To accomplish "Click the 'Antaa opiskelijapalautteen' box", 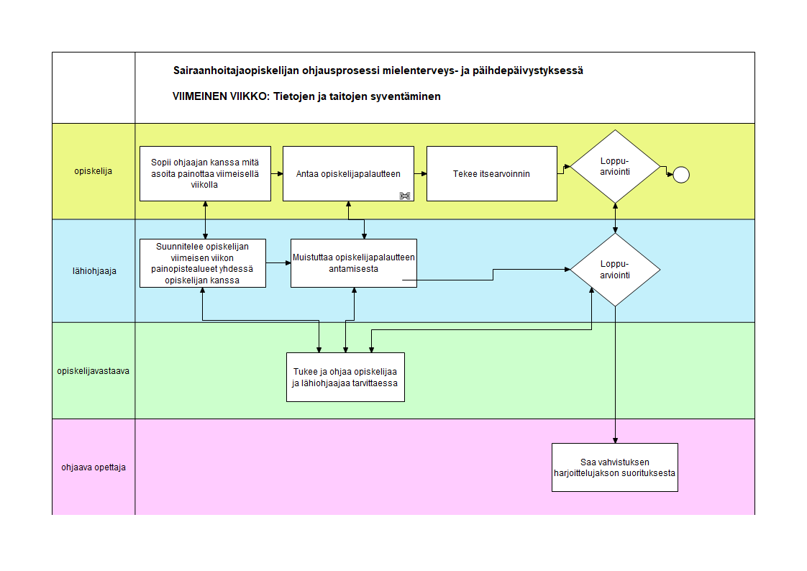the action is (348, 174).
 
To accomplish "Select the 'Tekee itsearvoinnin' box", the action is (491, 174).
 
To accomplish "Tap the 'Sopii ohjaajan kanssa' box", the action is (206, 174).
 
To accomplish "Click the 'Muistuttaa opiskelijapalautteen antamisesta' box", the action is (354, 263).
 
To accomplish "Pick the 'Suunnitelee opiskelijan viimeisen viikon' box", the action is (203, 263).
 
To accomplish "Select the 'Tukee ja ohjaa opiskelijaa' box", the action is (345, 377).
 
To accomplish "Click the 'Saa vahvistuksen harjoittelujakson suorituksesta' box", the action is (614, 467).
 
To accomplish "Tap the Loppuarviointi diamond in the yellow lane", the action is (615, 167).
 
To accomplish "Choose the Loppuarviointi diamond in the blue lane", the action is (615, 270).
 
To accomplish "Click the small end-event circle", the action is (681, 175).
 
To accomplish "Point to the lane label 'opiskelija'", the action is (94, 171).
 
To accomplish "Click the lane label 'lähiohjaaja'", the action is (94, 271).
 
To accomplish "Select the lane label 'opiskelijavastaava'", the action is (94, 371).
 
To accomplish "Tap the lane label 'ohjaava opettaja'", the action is (94, 467).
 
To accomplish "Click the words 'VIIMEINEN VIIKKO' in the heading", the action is (220, 96).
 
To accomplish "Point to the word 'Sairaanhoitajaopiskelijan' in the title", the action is (236, 70).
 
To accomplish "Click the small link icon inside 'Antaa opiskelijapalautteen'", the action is (405, 196).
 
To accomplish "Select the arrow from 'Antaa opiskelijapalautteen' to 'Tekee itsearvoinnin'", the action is (421, 174).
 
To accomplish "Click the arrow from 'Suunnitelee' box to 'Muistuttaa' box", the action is (278, 263).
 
